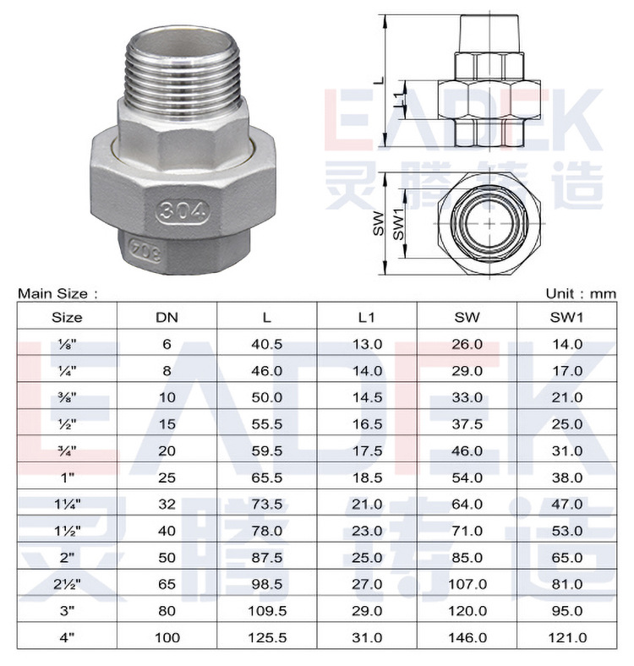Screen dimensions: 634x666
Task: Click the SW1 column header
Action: (x=567, y=317)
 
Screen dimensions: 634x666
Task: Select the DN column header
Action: (x=167, y=317)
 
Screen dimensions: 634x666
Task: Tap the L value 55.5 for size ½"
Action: (x=267, y=424)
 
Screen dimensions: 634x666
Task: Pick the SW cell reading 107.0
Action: (x=467, y=584)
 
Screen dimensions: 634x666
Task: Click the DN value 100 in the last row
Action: (x=167, y=637)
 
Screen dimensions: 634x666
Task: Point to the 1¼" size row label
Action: (x=67, y=505)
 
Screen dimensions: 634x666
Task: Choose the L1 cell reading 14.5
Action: (x=367, y=397)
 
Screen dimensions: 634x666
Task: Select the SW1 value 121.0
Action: (x=567, y=637)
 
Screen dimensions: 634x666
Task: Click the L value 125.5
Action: (x=267, y=637)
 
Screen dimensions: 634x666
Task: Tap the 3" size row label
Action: (x=67, y=611)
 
